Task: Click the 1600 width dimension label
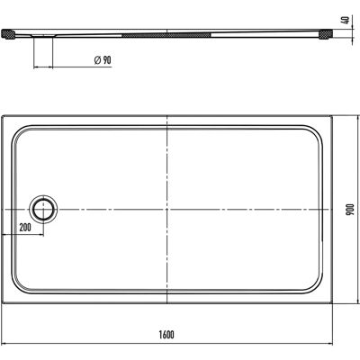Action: [166, 335]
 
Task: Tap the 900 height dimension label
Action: [351, 210]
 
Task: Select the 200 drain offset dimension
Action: [25, 228]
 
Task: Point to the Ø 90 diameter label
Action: [103, 60]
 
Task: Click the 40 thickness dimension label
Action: [346, 21]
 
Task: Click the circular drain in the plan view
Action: [43, 209]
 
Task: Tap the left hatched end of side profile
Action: [7, 33]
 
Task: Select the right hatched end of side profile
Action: [325, 33]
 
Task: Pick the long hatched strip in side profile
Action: [166, 35]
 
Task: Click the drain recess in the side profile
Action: [43, 36]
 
